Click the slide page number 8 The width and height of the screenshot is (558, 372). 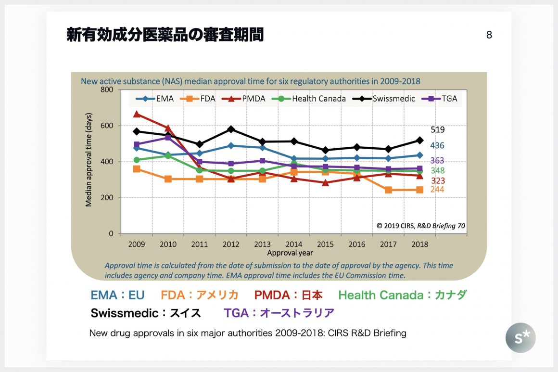click(x=489, y=35)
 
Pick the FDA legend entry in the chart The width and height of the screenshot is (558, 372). click(x=203, y=99)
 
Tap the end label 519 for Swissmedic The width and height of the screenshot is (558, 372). click(x=437, y=129)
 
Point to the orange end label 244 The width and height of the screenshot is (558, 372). click(x=437, y=190)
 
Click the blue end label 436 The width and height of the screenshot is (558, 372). click(x=437, y=145)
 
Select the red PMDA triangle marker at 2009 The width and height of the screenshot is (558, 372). click(x=137, y=114)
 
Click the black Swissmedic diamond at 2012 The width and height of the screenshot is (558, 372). click(x=231, y=129)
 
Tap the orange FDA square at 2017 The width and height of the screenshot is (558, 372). click(x=388, y=190)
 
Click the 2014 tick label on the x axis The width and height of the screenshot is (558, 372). click(x=294, y=244)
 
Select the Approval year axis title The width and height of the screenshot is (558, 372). click(x=290, y=253)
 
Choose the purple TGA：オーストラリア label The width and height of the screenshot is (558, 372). click(x=279, y=313)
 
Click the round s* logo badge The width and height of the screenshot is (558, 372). click(x=520, y=338)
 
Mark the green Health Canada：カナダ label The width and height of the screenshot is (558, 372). click(x=402, y=295)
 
